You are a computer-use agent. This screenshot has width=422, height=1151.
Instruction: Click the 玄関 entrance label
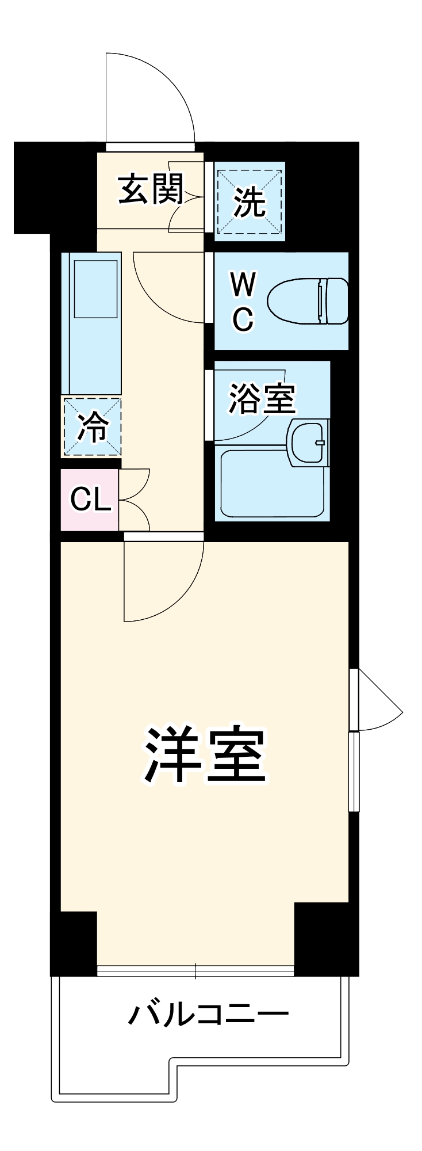(150, 189)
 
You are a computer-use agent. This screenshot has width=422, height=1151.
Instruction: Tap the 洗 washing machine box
(250, 201)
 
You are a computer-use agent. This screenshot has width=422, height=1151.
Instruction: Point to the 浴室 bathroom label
(262, 398)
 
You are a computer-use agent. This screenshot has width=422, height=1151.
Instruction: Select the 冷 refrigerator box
(92, 426)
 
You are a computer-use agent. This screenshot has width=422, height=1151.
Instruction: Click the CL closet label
(90, 500)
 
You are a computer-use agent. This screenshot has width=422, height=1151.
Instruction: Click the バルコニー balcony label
(208, 1015)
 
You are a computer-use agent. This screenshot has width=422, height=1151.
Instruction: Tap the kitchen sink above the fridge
(94, 288)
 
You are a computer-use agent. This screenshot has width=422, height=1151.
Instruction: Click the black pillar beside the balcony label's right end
(325, 938)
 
